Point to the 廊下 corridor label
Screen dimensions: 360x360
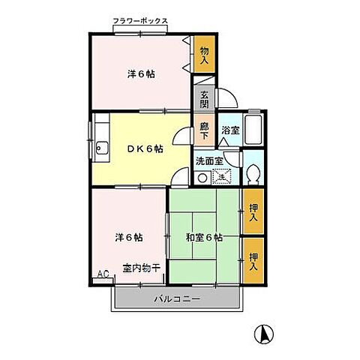click(x=204, y=130)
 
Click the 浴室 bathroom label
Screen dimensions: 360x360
click(x=229, y=130)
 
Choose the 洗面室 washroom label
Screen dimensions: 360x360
click(x=209, y=160)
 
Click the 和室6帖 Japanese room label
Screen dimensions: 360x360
click(x=203, y=238)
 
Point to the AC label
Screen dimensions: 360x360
click(x=103, y=274)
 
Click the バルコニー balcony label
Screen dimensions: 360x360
click(x=176, y=298)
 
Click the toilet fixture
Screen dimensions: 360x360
click(x=253, y=172)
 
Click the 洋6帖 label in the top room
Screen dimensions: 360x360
click(x=140, y=74)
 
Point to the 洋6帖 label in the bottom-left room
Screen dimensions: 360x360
click(x=129, y=238)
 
